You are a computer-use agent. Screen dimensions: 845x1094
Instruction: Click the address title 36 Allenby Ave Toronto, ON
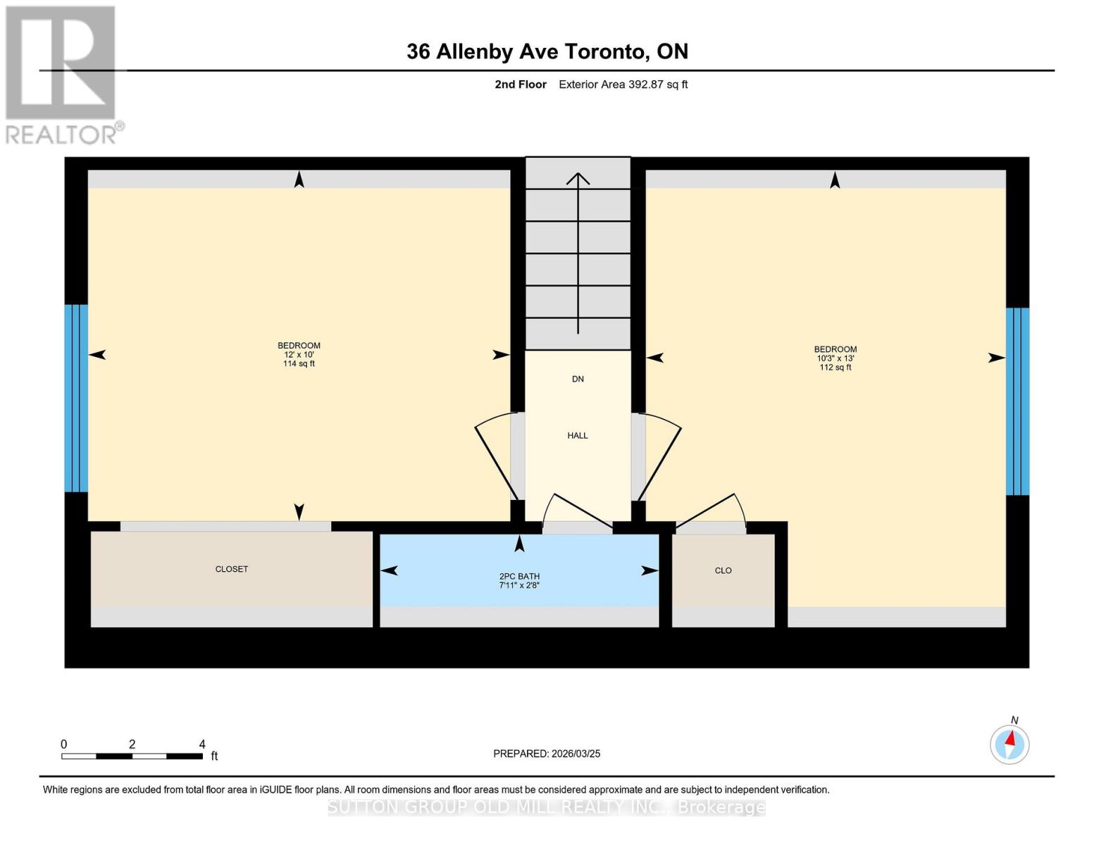[x=547, y=51]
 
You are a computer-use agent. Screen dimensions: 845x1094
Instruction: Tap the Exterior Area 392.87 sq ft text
[x=623, y=84]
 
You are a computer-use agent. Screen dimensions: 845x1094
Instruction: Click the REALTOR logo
[x=62, y=74]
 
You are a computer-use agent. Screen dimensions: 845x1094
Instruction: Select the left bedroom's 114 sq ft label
[x=299, y=364]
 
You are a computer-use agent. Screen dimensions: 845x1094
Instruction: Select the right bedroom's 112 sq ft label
[x=835, y=368]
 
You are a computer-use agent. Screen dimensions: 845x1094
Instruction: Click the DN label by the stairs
[x=578, y=380]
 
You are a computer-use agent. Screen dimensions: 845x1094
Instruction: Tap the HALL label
[x=578, y=436]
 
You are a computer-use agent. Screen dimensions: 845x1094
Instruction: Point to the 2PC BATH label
[x=519, y=577]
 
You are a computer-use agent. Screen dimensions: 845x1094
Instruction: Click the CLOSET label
[x=232, y=569]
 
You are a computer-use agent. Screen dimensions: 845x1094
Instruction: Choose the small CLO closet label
[x=723, y=570]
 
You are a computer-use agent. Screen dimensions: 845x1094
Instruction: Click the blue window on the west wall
[x=76, y=398]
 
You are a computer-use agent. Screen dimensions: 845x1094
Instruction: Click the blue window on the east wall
[x=1017, y=401]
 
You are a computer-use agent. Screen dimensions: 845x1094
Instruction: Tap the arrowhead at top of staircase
[x=578, y=177]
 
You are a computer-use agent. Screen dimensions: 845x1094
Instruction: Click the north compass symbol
[x=1009, y=744]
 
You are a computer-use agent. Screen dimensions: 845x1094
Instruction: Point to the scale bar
[x=132, y=756]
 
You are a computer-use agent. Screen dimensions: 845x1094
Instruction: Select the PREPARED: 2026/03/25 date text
[x=547, y=753]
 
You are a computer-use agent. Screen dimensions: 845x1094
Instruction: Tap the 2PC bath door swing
[x=578, y=513]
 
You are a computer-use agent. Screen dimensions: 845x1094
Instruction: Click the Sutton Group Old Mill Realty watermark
[x=547, y=807]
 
